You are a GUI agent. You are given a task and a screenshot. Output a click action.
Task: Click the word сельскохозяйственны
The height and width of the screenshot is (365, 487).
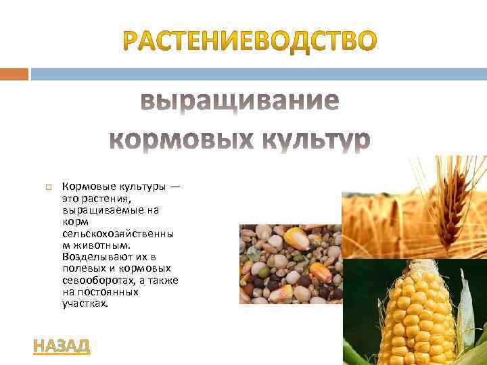[117, 233]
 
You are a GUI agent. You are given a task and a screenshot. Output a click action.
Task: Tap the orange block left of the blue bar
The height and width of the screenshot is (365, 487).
[14, 73]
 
